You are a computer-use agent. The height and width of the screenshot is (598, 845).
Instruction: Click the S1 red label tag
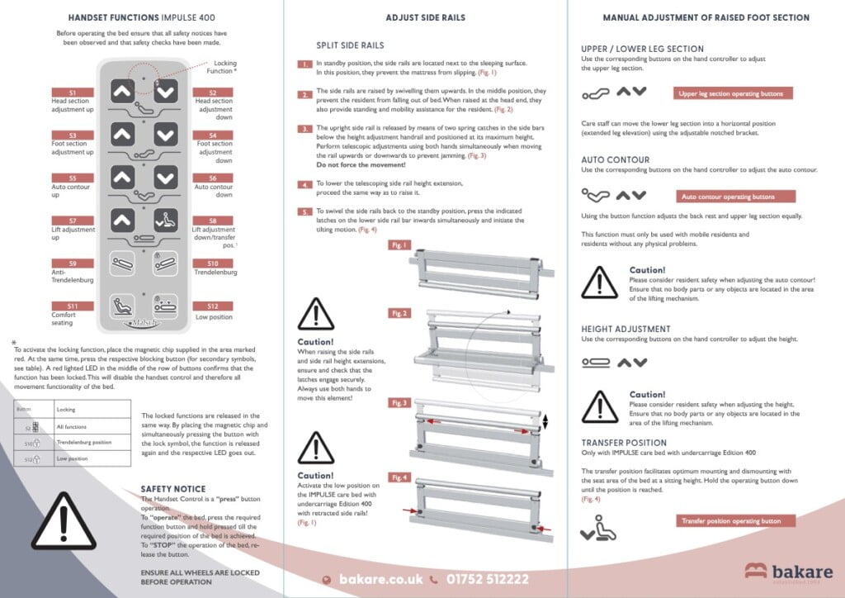tap(73, 93)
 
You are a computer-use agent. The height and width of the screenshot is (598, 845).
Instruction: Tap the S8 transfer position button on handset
tap(166, 221)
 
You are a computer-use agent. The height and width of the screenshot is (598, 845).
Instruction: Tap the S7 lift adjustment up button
tap(122, 221)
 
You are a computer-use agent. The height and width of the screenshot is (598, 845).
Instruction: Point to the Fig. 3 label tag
tap(400, 402)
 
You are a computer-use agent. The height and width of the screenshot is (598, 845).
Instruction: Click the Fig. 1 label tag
tap(400, 245)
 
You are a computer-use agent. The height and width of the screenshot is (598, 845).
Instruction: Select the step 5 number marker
tap(304, 211)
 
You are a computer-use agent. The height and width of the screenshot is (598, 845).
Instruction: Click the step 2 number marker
tap(304, 94)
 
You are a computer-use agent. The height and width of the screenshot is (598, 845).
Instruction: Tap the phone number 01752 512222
tap(486, 580)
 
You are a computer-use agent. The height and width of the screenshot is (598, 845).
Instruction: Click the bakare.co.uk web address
tap(380, 580)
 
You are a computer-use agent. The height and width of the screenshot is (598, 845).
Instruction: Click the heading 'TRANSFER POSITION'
tap(624, 443)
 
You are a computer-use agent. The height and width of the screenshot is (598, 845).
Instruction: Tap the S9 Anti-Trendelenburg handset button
tap(122, 264)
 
